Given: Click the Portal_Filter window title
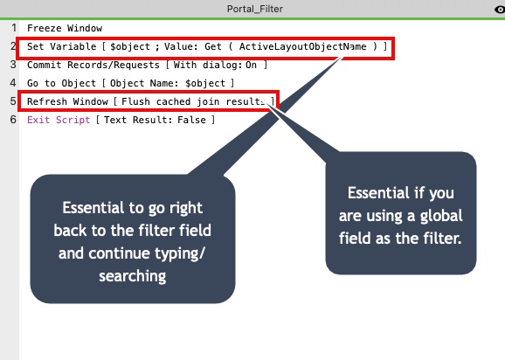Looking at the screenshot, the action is pos(255,9).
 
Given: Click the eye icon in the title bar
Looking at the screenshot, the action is pos(500,10).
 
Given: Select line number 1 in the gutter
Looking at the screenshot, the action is pos(13,28).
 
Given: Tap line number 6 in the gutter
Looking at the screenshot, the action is pos(13,120).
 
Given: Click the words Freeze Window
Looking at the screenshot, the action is pos(65,28).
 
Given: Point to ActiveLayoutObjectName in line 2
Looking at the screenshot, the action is pos(303,46).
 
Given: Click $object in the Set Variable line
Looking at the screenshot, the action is pos(130,46).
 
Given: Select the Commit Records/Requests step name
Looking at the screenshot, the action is pos(93,65).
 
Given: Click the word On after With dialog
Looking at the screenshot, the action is pos(252,65).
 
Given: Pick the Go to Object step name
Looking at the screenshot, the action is pos(61,83).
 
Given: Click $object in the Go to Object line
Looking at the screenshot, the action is pos(205,83).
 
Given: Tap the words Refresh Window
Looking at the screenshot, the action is pos(67,101).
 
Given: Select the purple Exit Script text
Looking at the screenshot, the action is pos(59,120).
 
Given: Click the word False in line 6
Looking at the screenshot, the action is pos(191,120).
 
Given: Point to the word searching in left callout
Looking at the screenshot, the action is pos(133,276).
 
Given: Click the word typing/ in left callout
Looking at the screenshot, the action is pos(179,253).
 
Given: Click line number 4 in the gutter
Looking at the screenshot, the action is pos(13,83).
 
